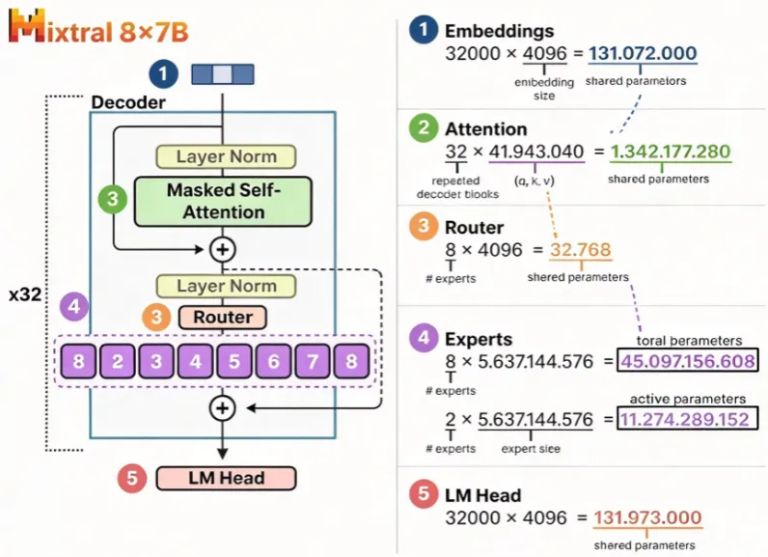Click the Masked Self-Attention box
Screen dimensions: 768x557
tap(223, 202)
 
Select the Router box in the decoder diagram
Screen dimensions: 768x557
tap(223, 317)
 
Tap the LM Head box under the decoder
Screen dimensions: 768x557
tap(227, 478)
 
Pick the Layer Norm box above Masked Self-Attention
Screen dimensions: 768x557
tap(226, 156)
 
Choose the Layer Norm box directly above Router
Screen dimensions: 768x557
tap(226, 286)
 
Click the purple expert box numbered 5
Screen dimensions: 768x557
tap(234, 362)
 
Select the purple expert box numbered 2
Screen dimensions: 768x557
tap(117, 362)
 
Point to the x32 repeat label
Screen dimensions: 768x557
tap(25, 295)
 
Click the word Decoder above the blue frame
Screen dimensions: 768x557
tap(128, 102)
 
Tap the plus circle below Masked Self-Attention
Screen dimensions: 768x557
tap(223, 250)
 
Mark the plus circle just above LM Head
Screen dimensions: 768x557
tap(223, 408)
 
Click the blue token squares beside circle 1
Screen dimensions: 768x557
tap(223, 74)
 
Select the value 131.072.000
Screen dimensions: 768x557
tap(643, 53)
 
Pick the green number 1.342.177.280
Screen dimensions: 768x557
tap(671, 152)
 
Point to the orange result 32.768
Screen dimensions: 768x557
tap(581, 250)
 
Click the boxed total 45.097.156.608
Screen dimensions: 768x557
tap(688, 361)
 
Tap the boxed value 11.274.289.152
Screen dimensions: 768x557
tap(685, 419)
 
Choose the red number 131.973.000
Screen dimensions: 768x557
tap(647, 517)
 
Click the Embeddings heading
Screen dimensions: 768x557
tap(499, 31)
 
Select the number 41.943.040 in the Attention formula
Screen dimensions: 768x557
tap(536, 152)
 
